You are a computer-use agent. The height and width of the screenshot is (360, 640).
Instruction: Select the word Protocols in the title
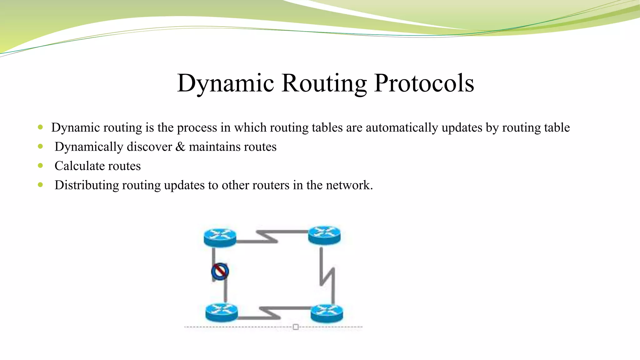[x=424, y=83]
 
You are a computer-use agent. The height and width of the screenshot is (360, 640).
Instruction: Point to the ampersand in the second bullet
[x=180, y=147]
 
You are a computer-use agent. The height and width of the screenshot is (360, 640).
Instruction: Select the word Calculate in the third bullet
[x=80, y=166]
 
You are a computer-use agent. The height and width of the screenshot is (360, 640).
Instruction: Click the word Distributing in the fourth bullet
[x=87, y=185]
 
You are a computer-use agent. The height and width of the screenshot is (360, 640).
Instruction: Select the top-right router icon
[x=324, y=235]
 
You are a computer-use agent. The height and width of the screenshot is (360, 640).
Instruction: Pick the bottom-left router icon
[x=222, y=313]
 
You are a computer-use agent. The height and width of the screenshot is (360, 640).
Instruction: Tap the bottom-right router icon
[x=327, y=313]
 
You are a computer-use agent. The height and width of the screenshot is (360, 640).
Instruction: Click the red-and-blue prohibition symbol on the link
[x=220, y=271]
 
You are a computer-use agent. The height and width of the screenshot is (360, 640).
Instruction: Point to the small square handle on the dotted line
[x=296, y=327]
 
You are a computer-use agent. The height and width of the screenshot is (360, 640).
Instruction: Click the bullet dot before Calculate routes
[x=40, y=166]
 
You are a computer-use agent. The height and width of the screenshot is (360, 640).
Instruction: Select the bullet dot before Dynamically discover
[x=40, y=146]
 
